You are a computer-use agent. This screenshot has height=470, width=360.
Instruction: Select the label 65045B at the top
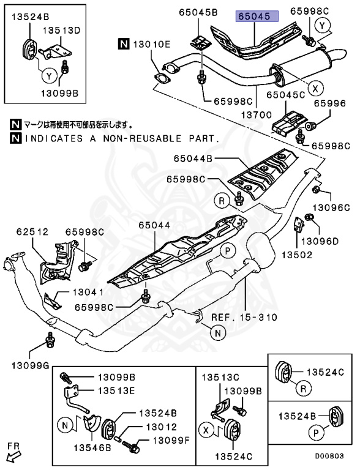pyautogui.click(x=198, y=12)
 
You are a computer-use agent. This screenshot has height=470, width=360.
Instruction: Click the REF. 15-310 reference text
pyautogui.click(x=244, y=317)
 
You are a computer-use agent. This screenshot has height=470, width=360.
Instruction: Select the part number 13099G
pyautogui.click(x=24, y=365)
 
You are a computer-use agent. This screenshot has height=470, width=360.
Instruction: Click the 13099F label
pyautogui.click(x=167, y=441)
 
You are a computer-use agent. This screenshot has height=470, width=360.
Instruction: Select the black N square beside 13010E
pyautogui.click(x=124, y=43)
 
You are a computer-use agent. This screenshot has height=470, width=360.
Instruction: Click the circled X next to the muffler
pyautogui.click(x=315, y=88)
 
